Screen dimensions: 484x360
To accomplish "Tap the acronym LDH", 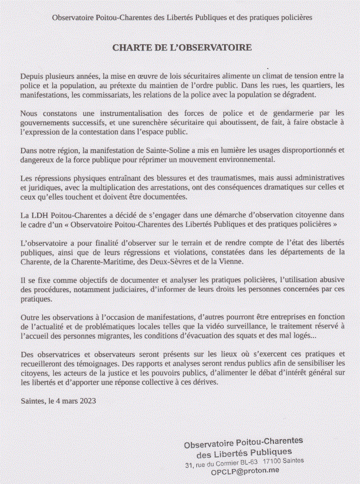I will point(40,216).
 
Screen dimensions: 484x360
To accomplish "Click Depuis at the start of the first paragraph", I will point(31,75).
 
